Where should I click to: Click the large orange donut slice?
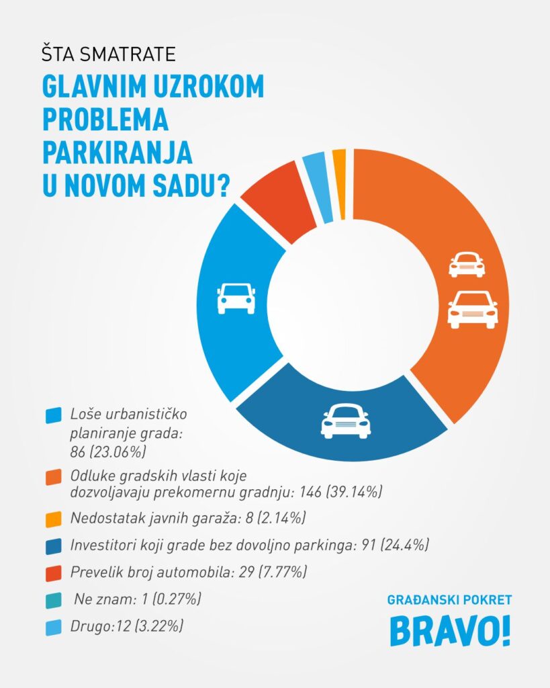pyautogui.click(x=430, y=222)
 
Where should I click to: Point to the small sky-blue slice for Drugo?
pyautogui.click(x=318, y=187)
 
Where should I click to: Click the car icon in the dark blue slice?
pyautogui.click(x=345, y=421)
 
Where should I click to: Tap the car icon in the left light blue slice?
pyautogui.click(x=236, y=298)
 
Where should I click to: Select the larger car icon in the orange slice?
pyautogui.click(x=473, y=310)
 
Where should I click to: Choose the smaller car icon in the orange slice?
pyautogui.click(x=466, y=264)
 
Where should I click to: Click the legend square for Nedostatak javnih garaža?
pyautogui.click(x=53, y=519)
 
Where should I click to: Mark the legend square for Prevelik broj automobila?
pyautogui.click(x=53, y=573)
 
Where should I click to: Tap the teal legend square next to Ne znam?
pyautogui.click(x=53, y=600)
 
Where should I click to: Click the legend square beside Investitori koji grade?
pyautogui.click(x=53, y=546)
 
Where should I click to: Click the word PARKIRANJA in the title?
pyautogui.click(x=118, y=152)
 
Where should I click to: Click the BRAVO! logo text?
pyautogui.click(x=450, y=631)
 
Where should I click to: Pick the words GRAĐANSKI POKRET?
pyautogui.click(x=449, y=599)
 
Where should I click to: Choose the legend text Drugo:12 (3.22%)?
pyautogui.click(x=126, y=626)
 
